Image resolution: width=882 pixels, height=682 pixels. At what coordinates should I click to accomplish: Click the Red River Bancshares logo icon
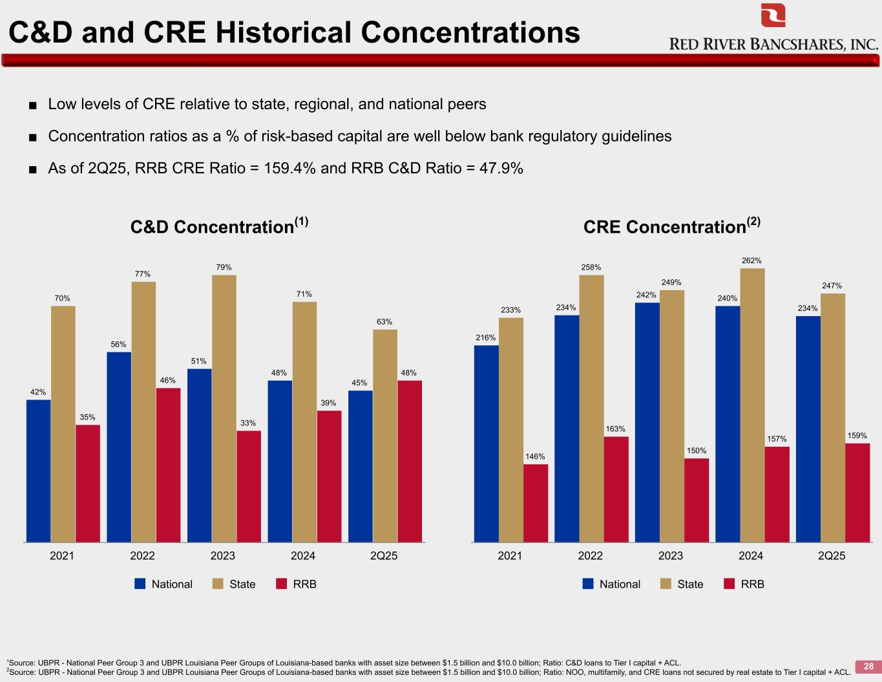[x=773, y=15]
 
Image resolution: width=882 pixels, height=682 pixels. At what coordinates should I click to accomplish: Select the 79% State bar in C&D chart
[x=224, y=407]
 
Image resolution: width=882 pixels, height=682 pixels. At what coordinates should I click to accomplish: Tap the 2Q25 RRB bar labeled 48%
[x=410, y=460]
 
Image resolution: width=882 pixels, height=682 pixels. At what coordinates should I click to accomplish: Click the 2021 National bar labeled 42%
[x=38, y=470]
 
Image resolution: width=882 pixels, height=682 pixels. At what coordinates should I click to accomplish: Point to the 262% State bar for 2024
[x=752, y=405]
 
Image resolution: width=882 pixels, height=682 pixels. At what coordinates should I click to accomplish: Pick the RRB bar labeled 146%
[x=536, y=502]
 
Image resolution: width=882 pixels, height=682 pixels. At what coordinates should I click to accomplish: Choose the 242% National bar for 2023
[x=647, y=421]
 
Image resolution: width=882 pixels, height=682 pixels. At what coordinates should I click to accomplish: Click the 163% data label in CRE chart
[x=615, y=429]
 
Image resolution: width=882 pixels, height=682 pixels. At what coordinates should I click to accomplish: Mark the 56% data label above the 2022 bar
[x=118, y=345]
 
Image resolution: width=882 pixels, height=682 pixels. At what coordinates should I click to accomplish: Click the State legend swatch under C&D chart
[x=218, y=584]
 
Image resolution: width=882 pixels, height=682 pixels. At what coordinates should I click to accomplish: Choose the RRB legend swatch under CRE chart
[x=730, y=584]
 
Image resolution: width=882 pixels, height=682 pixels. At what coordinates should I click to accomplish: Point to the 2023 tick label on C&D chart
[x=223, y=556]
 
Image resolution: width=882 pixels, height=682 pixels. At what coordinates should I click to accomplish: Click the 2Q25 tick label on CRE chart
[x=832, y=556]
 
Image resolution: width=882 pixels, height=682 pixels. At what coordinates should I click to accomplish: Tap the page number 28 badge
[x=868, y=666]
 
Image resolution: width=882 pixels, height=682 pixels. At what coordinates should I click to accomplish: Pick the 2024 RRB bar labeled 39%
[x=329, y=476]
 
